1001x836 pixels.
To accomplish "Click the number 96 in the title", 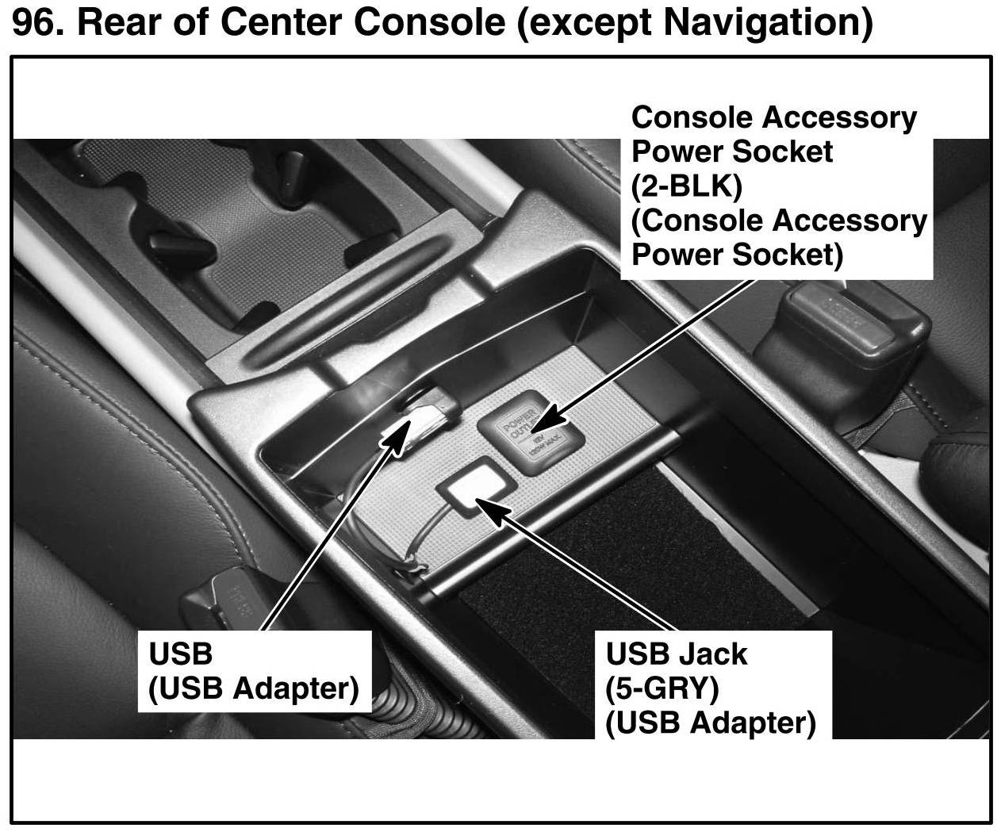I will click(x=35, y=22).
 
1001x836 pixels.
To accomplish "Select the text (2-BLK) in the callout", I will click(x=686, y=186).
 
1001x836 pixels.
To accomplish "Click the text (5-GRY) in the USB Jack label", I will click(x=662, y=688).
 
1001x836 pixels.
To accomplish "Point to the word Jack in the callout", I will click(x=718, y=654).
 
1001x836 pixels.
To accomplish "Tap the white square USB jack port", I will click(x=474, y=489).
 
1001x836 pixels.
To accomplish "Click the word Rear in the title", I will click(x=117, y=22).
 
